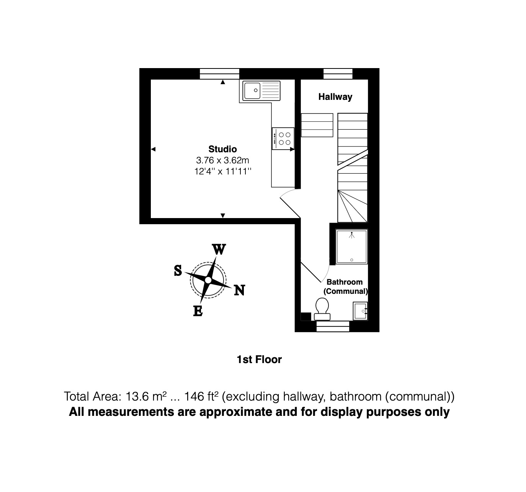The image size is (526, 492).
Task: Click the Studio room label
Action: pyautogui.click(x=222, y=149)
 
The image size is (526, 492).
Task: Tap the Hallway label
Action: pyautogui.click(x=335, y=97)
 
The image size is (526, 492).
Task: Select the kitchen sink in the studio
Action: pyautogui.click(x=260, y=91)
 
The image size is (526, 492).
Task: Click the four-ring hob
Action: pyautogui.click(x=283, y=138)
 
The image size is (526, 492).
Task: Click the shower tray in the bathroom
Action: pyautogui.click(x=351, y=247)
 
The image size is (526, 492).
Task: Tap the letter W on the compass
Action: pyautogui.click(x=219, y=249)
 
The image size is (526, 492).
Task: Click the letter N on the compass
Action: pyautogui.click(x=239, y=290)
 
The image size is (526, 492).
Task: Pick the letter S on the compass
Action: pyautogui.click(x=178, y=270)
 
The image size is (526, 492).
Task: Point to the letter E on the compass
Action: pyautogui.click(x=198, y=311)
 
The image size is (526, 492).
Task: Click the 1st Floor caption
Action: pyautogui.click(x=259, y=360)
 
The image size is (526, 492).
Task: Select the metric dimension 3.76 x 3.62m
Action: pyautogui.click(x=222, y=160)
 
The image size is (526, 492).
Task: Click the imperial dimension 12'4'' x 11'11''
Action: pyautogui.click(x=222, y=171)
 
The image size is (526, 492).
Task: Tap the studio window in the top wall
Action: pyautogui.click(x=220, y=73)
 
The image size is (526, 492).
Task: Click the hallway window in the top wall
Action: pyautogui.click(x=338, y=73)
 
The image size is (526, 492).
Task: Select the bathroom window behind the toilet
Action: pyautogui.click(x=333, y=326)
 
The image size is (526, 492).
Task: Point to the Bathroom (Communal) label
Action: pyautogui.click(x=345, y=287)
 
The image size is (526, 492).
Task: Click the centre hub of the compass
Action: pyautogui.click(x=208, y=280)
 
